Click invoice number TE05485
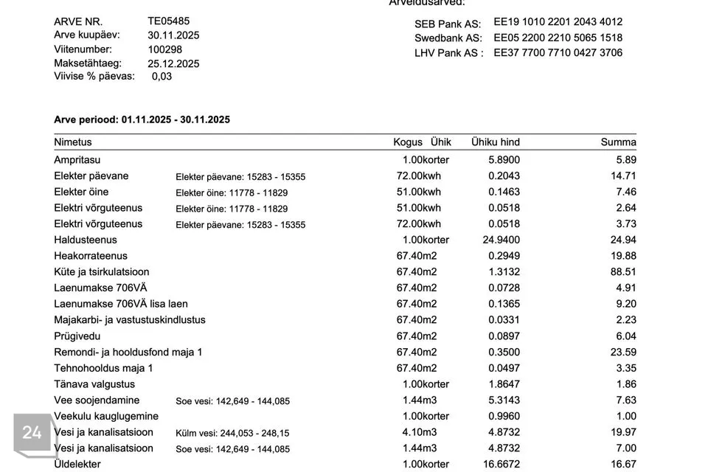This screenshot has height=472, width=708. [168, 21]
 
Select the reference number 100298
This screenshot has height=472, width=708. [164, 49]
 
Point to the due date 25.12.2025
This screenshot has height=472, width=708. [173, 63]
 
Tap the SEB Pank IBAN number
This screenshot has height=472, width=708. [558, 22]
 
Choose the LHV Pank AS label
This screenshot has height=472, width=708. [448, 53]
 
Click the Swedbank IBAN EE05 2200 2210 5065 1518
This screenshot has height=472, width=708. [558, 38]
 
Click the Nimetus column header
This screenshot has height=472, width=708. [73, 142]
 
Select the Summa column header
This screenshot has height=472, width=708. [618, 142]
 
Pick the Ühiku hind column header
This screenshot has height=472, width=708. [495, 142]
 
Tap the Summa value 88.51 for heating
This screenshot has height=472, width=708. [623, 271]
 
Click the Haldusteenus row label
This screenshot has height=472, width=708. [86, 240]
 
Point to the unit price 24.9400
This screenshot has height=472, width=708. [501, 240]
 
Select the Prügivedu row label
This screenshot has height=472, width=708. [77, 336]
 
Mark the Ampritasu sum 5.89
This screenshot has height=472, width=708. [625, 159]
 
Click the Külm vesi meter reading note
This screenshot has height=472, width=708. [232, 434]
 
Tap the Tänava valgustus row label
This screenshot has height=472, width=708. [94, 384]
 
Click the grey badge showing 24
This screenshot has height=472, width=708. [32, 433]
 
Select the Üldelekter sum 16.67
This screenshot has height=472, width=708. [623, 464]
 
